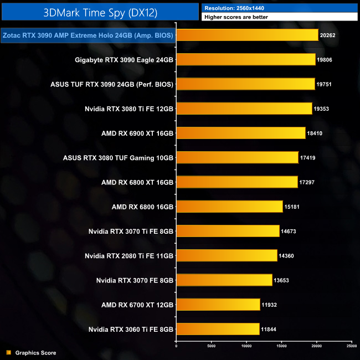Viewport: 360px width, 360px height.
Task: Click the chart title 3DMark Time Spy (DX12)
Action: click(100, 11)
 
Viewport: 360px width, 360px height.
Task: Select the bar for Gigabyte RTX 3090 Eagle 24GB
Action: click(245, 59)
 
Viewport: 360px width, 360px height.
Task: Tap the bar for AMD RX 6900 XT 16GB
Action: click(240, 133)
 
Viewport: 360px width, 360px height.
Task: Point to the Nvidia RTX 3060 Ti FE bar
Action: click(218, 329)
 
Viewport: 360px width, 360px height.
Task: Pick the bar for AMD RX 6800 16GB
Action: click(229, 207)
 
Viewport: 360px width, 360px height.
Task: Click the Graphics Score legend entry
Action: click(35, 353)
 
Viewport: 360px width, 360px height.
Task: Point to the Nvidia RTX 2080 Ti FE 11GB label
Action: click(129, 256)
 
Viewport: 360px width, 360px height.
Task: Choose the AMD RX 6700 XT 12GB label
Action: click(137, 305)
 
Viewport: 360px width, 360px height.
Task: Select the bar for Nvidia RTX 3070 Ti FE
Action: click(228, 231)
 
